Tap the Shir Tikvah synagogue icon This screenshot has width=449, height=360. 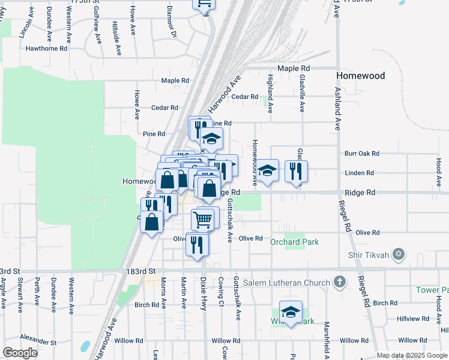pos(397,254)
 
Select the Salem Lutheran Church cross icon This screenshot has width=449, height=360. pos(340,282)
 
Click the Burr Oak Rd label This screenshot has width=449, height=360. pos(362,154)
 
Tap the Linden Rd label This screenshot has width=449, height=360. pos(360,173)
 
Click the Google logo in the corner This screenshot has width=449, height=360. pos(20,353)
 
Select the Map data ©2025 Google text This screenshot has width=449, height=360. pos(411,355)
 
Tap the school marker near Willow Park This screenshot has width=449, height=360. pos(291,313)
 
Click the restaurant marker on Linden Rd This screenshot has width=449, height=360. pos(296,172)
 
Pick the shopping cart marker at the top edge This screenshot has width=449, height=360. pos(204,4)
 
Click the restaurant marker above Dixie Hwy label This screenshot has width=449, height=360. pos(196,245)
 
